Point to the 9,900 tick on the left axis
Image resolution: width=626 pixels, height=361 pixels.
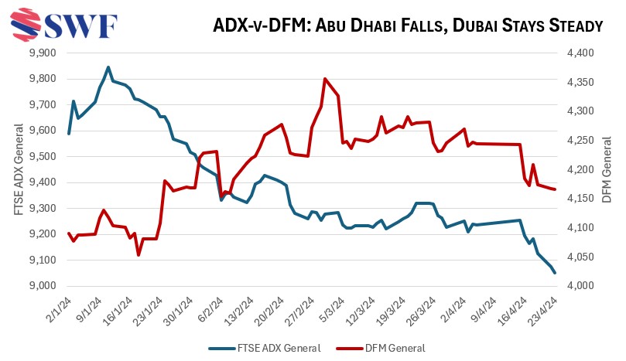pos(43,53)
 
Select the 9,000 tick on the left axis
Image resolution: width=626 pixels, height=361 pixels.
pos(43,286)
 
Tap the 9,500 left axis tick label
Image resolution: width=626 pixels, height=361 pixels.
pos(43,157)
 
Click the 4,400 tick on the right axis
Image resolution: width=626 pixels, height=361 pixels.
pos(576,53)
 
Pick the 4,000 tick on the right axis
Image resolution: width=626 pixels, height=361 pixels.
pos(576,286)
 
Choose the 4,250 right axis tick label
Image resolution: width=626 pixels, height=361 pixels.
pos(576,141)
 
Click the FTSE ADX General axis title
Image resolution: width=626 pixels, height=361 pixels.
pos(18,170)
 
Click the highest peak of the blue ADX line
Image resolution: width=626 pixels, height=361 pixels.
pos(108,67)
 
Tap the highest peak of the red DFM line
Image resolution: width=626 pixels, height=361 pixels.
pos(324,79)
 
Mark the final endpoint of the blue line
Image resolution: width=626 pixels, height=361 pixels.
pos(554,272)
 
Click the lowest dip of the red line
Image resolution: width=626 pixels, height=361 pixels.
pos(139,254)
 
